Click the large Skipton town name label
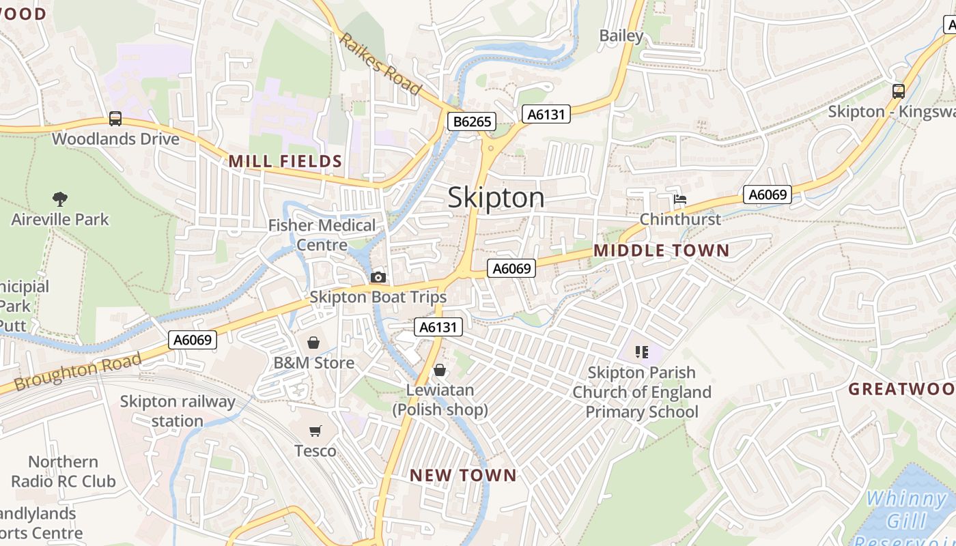pos(496,198)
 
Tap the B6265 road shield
pos(472,122)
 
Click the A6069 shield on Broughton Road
pos(193,339)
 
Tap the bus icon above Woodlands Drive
pos(115,119)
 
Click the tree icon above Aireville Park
pos(60,199)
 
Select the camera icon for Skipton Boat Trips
pos(378,277)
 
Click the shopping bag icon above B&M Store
pos(313,343)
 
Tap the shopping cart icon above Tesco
pos(315,431)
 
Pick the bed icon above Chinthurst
pos(680,200)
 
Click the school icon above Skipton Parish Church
pos(641,352)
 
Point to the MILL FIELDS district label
pos(285,162)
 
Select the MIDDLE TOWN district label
pos(661,250)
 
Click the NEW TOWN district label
pos(463,475)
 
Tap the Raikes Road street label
pos(381,63)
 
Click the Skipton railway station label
pos(178,411)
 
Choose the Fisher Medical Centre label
pos(322,235)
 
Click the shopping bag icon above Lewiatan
pos(440,371)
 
